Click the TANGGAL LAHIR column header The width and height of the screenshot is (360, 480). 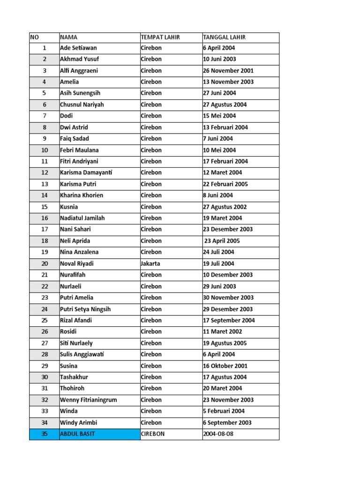tap(224, 37)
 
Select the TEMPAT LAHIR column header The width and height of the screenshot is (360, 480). tap(160, 37)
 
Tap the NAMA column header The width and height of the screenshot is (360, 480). tap(69, 37)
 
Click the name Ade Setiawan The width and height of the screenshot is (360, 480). tap(78, 48)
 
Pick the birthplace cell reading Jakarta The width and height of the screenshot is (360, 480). tap(150, 263)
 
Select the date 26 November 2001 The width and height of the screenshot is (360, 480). tap(228, 71)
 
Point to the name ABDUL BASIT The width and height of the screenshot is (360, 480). tap(77, 434)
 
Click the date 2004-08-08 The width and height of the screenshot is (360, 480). tap(219, 434)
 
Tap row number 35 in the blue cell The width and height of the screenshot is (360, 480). tap(45, 434)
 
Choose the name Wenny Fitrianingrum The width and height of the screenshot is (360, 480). tap(89, 400)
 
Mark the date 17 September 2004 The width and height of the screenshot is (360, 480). tap(229, 321)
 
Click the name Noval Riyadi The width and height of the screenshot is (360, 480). tap(77, 263)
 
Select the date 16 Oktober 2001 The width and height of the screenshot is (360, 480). tap(225, 366)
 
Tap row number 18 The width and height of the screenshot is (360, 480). tap(45, 241)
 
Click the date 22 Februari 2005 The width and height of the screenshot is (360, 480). tap(225, 184)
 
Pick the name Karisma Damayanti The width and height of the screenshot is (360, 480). tap(86, 172)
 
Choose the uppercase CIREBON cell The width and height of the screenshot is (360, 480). tap(153, 434)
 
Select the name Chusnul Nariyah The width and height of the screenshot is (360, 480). tap(82, 105)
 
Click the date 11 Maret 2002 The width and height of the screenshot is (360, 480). tap(222, 332)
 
